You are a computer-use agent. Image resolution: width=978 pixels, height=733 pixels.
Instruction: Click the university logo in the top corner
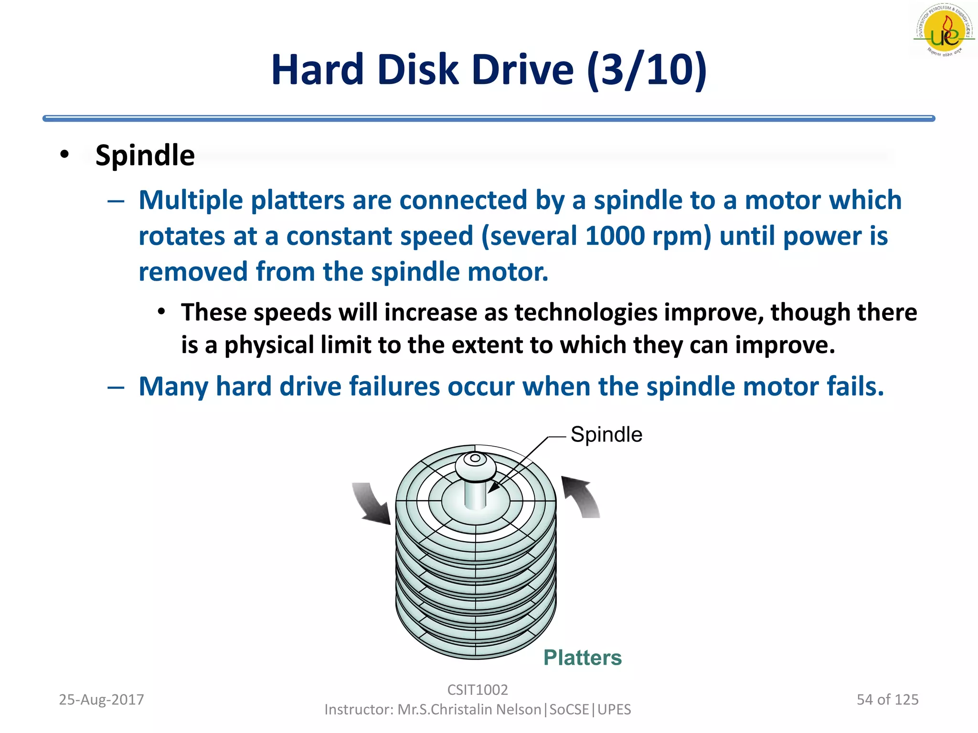click(x=944, y=30)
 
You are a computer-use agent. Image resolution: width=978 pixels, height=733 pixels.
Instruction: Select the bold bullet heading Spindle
click(x=145, y=156)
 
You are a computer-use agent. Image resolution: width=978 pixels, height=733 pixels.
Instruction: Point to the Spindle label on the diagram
click(x=606, y=435)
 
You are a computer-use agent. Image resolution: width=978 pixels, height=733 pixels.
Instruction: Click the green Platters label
click(x=582, y=658)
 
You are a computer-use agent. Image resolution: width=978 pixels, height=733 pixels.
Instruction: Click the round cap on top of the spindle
click(x=475, y=465)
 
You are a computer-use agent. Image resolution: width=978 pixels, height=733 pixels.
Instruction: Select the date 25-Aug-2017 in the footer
click(x=101, y=700)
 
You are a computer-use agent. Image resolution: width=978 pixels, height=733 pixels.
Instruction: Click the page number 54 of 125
click(x=887, y=700)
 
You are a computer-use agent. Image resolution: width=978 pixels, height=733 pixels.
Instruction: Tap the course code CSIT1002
click(x=477, y=690)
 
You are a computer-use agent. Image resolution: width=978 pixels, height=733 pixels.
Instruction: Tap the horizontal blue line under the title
click(x=489, y=118)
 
